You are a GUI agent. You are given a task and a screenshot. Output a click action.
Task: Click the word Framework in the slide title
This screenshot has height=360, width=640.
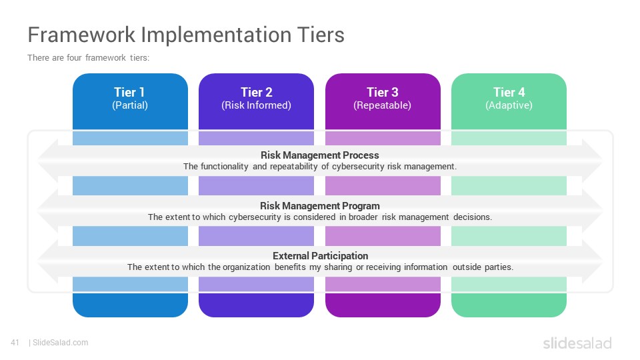[81, 35]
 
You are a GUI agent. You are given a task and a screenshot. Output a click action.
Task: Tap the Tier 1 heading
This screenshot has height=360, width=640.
[129, 92]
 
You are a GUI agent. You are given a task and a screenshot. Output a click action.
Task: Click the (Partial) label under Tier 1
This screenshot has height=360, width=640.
[130, 105]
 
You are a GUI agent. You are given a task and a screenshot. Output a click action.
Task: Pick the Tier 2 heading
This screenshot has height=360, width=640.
[256, 92]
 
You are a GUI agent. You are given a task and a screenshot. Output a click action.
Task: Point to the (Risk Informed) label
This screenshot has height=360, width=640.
[256, 105]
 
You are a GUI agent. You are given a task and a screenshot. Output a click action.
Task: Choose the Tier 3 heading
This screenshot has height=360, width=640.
[383, 92]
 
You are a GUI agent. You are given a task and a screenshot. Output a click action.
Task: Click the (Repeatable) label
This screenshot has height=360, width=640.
[383, 105]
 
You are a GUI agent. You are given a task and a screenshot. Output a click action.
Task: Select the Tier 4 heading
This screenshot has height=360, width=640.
[509, 92]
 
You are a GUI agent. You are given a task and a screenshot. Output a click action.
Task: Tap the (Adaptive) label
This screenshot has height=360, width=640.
[509, 105]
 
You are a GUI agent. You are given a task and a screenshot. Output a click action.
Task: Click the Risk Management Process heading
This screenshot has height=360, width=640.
[320, 155]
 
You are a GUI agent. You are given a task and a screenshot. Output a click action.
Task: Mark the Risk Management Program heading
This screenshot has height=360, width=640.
[320, 206]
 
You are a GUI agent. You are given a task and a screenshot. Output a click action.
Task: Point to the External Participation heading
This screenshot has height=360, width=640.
[321, 256]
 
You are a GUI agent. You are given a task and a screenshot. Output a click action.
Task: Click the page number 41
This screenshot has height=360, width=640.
[15, 343]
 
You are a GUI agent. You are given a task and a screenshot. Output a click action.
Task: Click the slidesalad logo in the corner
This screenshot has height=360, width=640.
[577, 343]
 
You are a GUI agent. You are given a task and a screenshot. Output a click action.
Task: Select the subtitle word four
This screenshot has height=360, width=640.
[74, 57]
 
